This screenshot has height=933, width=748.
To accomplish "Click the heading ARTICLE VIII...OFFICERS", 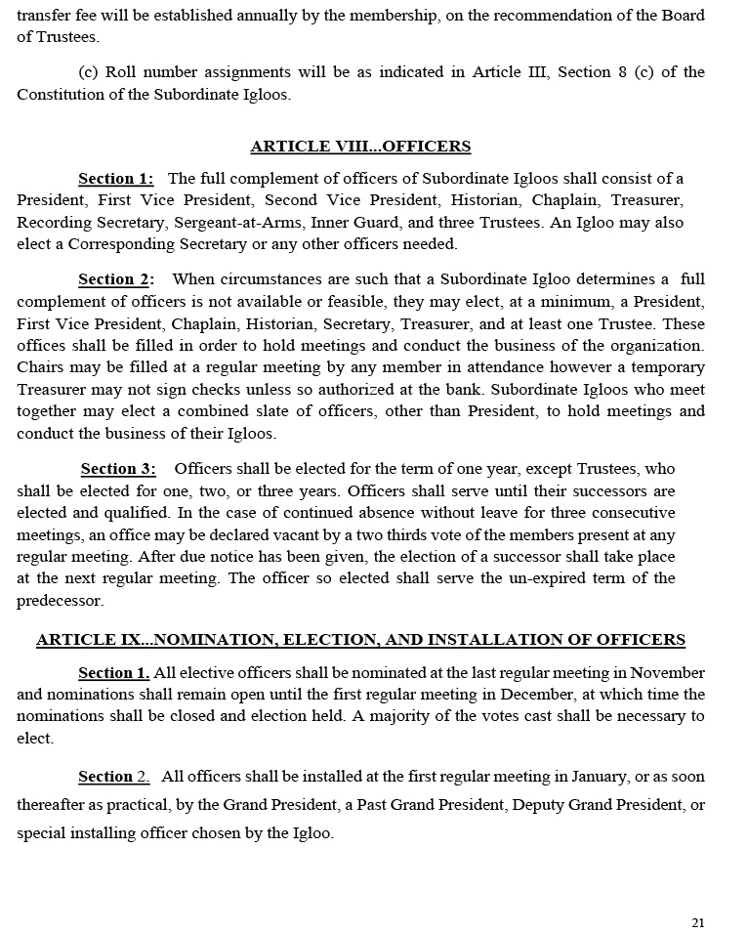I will pos(360,147).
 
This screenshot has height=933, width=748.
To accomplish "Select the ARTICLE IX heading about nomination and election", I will pos(360,640).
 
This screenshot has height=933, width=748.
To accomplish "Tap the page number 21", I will pos(697,922).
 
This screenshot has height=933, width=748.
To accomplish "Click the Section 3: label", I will pos(118,469).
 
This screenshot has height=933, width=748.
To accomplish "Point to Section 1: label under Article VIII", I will pos(115,179).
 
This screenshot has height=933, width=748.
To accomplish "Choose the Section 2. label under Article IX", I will pos(113,777).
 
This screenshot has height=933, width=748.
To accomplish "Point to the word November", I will pos(669,672).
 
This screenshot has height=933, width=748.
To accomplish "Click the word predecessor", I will pos(59,600).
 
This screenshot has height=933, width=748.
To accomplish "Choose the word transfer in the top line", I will pos(42,16).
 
